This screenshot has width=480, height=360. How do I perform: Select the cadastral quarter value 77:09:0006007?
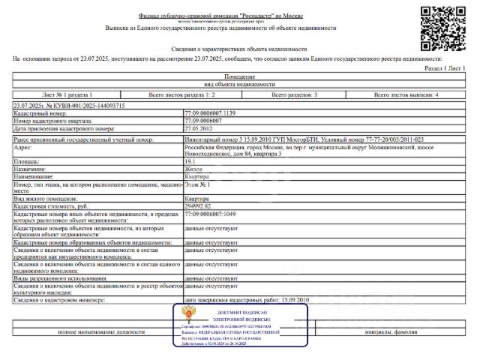203,120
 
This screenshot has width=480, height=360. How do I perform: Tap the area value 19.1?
190,160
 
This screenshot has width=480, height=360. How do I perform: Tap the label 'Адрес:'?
26,148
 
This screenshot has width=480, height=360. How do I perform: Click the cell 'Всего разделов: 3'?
294,95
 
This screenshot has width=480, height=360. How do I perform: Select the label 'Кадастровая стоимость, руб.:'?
52,205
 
